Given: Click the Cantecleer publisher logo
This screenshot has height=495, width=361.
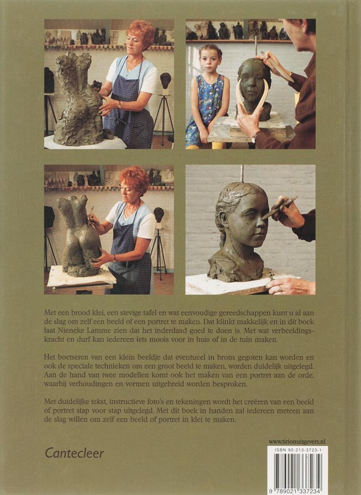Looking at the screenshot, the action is pos(74,454).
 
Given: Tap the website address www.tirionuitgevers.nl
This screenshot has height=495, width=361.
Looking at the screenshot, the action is pos(297,442).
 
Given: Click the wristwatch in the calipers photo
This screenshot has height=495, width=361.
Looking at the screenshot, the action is pos(254,136).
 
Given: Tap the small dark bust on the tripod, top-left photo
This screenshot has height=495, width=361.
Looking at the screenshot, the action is pos(165,80).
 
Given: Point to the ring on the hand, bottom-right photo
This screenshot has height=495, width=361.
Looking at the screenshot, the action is pos(279,288).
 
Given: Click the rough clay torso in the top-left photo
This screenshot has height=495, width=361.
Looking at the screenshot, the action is pos(77,100).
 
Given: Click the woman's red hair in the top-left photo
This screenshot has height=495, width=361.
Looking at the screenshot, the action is pos(141,33).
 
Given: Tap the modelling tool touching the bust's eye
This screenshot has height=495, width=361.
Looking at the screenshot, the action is pos(279,208).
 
